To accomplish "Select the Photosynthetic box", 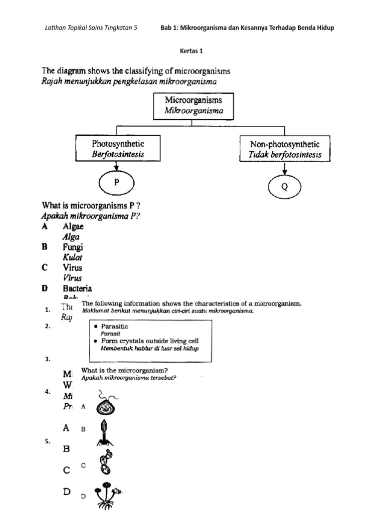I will click(x=118, y=149).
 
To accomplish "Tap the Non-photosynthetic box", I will click(x=285, y=149).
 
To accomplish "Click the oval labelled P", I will click(x=116, y=183).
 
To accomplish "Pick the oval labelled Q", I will click(x=285, y=187).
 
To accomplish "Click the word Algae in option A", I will click(x=73, y=227).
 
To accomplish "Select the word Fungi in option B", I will click(x=73, y=247).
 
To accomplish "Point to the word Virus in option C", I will click(x=72, y=267).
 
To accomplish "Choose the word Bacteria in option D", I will click(x=77, y=288).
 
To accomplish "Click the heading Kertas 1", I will click(x=191, y=50).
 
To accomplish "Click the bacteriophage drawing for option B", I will click(x=104, y=432).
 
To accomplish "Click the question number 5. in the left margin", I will click(x=48, y=441).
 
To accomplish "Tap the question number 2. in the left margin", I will click(x=48, y=326).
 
